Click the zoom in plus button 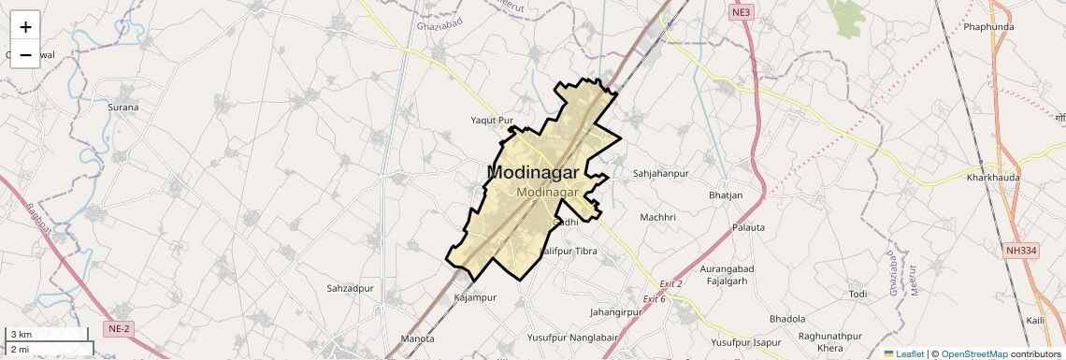[25, 26]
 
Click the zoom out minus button [25, 55]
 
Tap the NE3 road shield [741, 12]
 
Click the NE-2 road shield [119, 328]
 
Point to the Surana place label [122, 108]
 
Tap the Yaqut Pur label [492, 121]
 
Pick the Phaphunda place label [988, 27]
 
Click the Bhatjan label [726, 195]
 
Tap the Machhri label [657, 218]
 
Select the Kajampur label [474, 297]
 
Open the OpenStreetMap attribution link [973, 353]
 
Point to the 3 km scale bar [47, 334]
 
